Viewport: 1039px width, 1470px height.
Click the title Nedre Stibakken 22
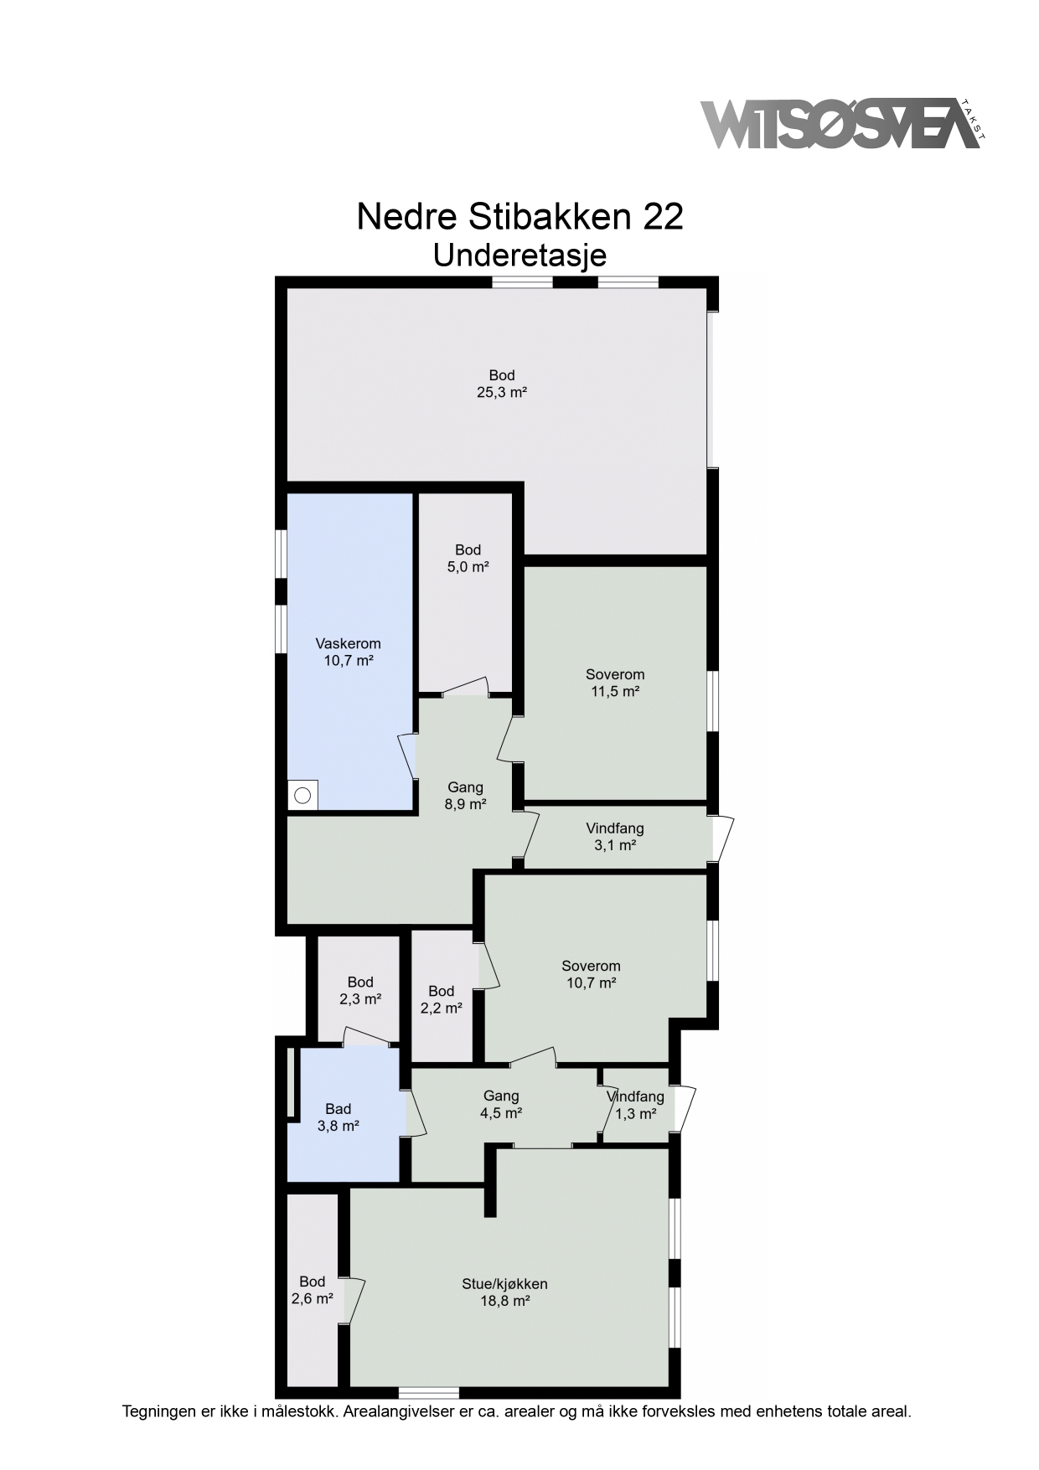tap(519, 216)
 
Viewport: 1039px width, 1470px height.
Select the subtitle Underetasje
tap(519, 255)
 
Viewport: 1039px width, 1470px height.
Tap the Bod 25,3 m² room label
tap(502, 384)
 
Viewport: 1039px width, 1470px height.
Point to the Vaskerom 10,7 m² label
tap(348, 652)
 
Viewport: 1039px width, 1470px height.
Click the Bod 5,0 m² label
tap(468, 558)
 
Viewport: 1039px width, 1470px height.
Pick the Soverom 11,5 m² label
tap(615, 683)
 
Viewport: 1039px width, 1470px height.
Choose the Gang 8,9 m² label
tap(465, 796)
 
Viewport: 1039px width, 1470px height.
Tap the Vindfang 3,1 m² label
tap(615, 837)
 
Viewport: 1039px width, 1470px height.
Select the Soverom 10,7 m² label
tap(591, 974)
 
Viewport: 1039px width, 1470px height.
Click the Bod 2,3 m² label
tap(360, 990)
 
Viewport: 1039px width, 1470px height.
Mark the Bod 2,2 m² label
tap(441, 999)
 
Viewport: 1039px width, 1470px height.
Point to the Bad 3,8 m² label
tap(339, 1117)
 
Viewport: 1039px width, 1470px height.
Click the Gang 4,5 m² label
tap(501, 1104)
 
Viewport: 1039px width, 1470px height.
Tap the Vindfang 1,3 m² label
tap(635, 1105)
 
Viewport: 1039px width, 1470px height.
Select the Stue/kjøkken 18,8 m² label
tap(504, 1292)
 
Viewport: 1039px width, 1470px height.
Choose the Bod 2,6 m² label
tap(312, 1290)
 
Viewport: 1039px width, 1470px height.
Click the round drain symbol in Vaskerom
tap(302, 795)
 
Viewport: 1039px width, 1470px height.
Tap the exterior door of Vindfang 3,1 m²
tap(722, 838)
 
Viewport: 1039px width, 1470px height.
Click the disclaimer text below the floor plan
tap(517, 1411)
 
